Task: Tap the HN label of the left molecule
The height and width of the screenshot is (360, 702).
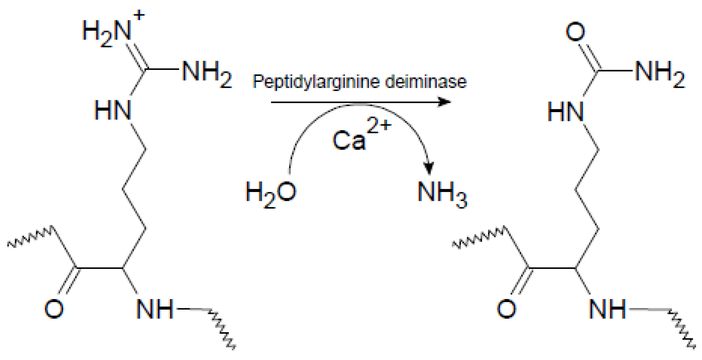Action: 112,110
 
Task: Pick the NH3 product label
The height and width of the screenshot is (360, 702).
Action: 442,193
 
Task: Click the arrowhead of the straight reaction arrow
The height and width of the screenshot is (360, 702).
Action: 445,102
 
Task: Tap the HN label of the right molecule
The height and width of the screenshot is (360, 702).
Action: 565,112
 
